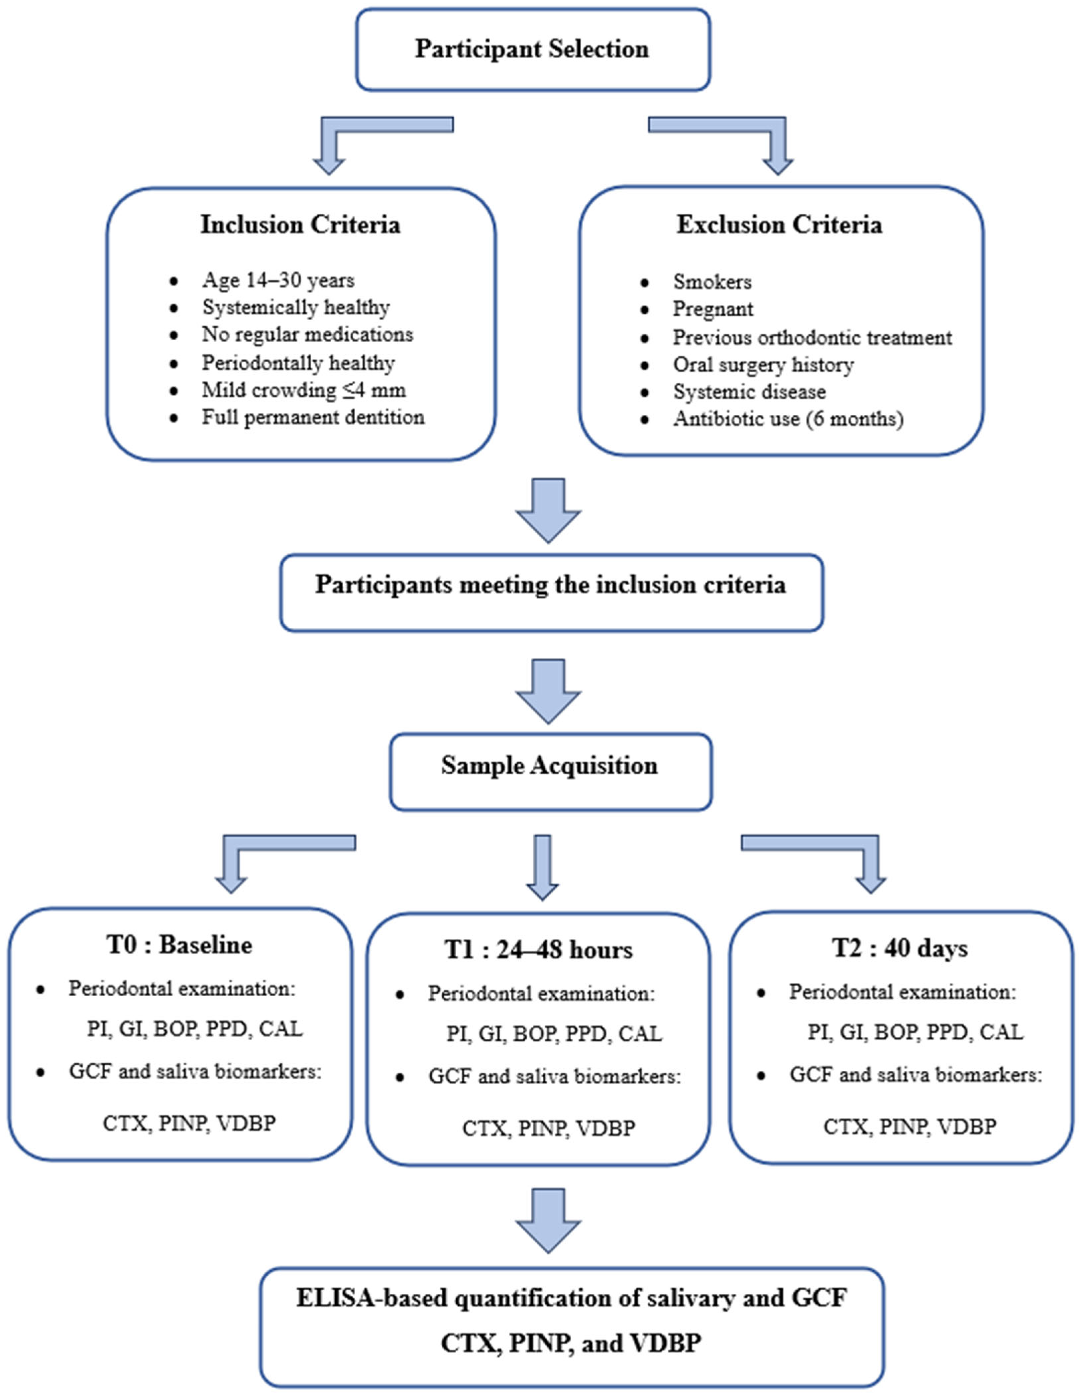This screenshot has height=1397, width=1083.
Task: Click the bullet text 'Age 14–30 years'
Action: point(278,280)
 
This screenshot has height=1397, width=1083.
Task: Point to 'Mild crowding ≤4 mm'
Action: point(304,389)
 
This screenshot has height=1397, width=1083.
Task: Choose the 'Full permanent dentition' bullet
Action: point(313,417)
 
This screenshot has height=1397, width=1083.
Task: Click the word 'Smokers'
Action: point(712,281)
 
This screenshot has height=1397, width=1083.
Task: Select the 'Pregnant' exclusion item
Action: point(712,309)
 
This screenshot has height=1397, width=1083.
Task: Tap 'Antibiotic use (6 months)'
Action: point(788,419)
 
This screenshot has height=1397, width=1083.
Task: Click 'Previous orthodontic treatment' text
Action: point(812,337)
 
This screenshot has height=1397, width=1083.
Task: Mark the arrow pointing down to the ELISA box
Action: point(548,1222)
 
